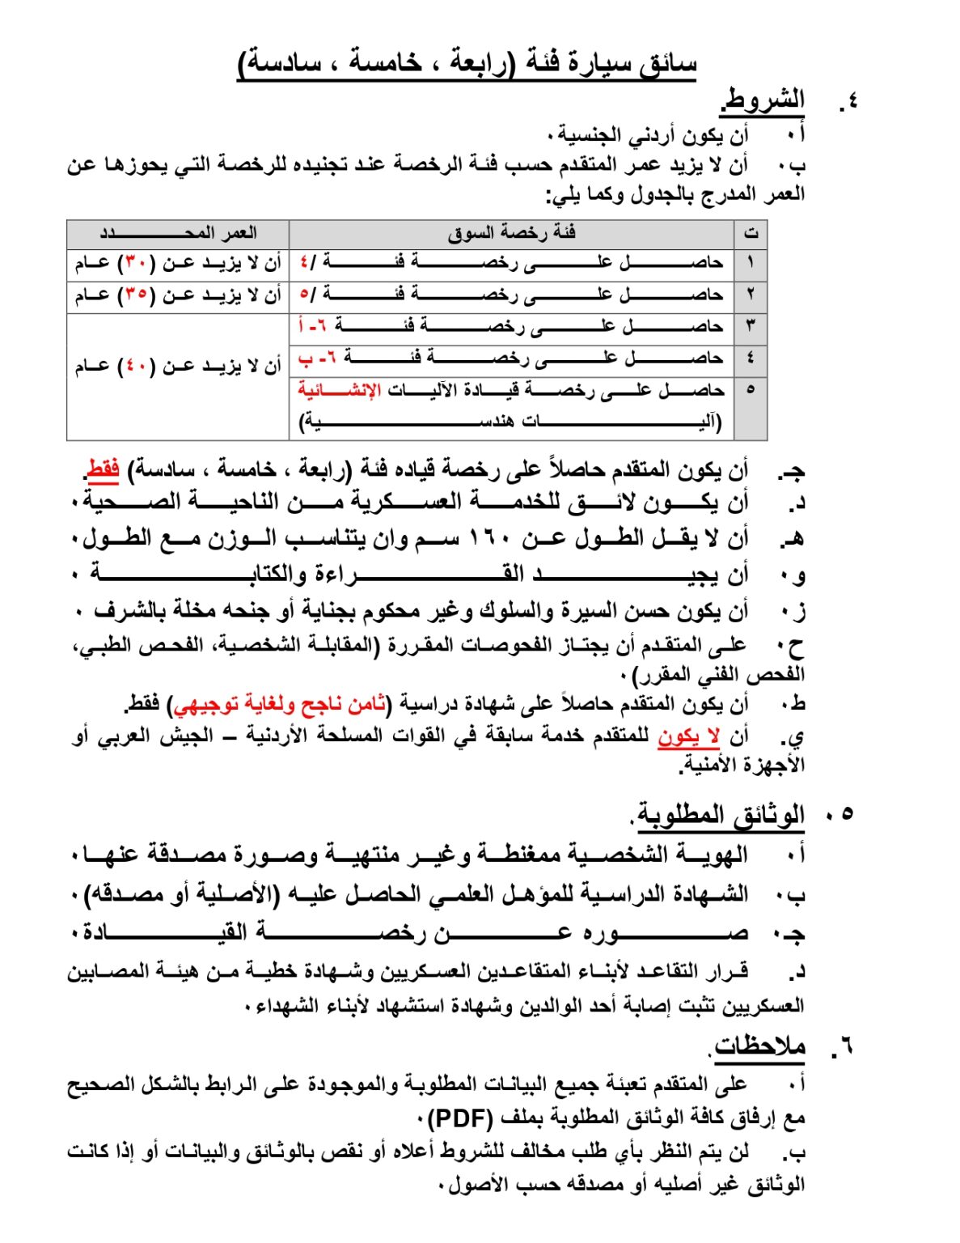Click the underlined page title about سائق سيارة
tap(467, 63)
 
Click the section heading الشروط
tap(763, 100)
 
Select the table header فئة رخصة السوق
tap(511, 234)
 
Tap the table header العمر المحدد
tap(178, 234)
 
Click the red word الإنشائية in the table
tap(339, 390)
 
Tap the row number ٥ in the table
tap(750, 390)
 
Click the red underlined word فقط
tap(103, 469)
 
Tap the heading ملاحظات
tap(759, 1046)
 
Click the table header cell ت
tap(750, 234)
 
